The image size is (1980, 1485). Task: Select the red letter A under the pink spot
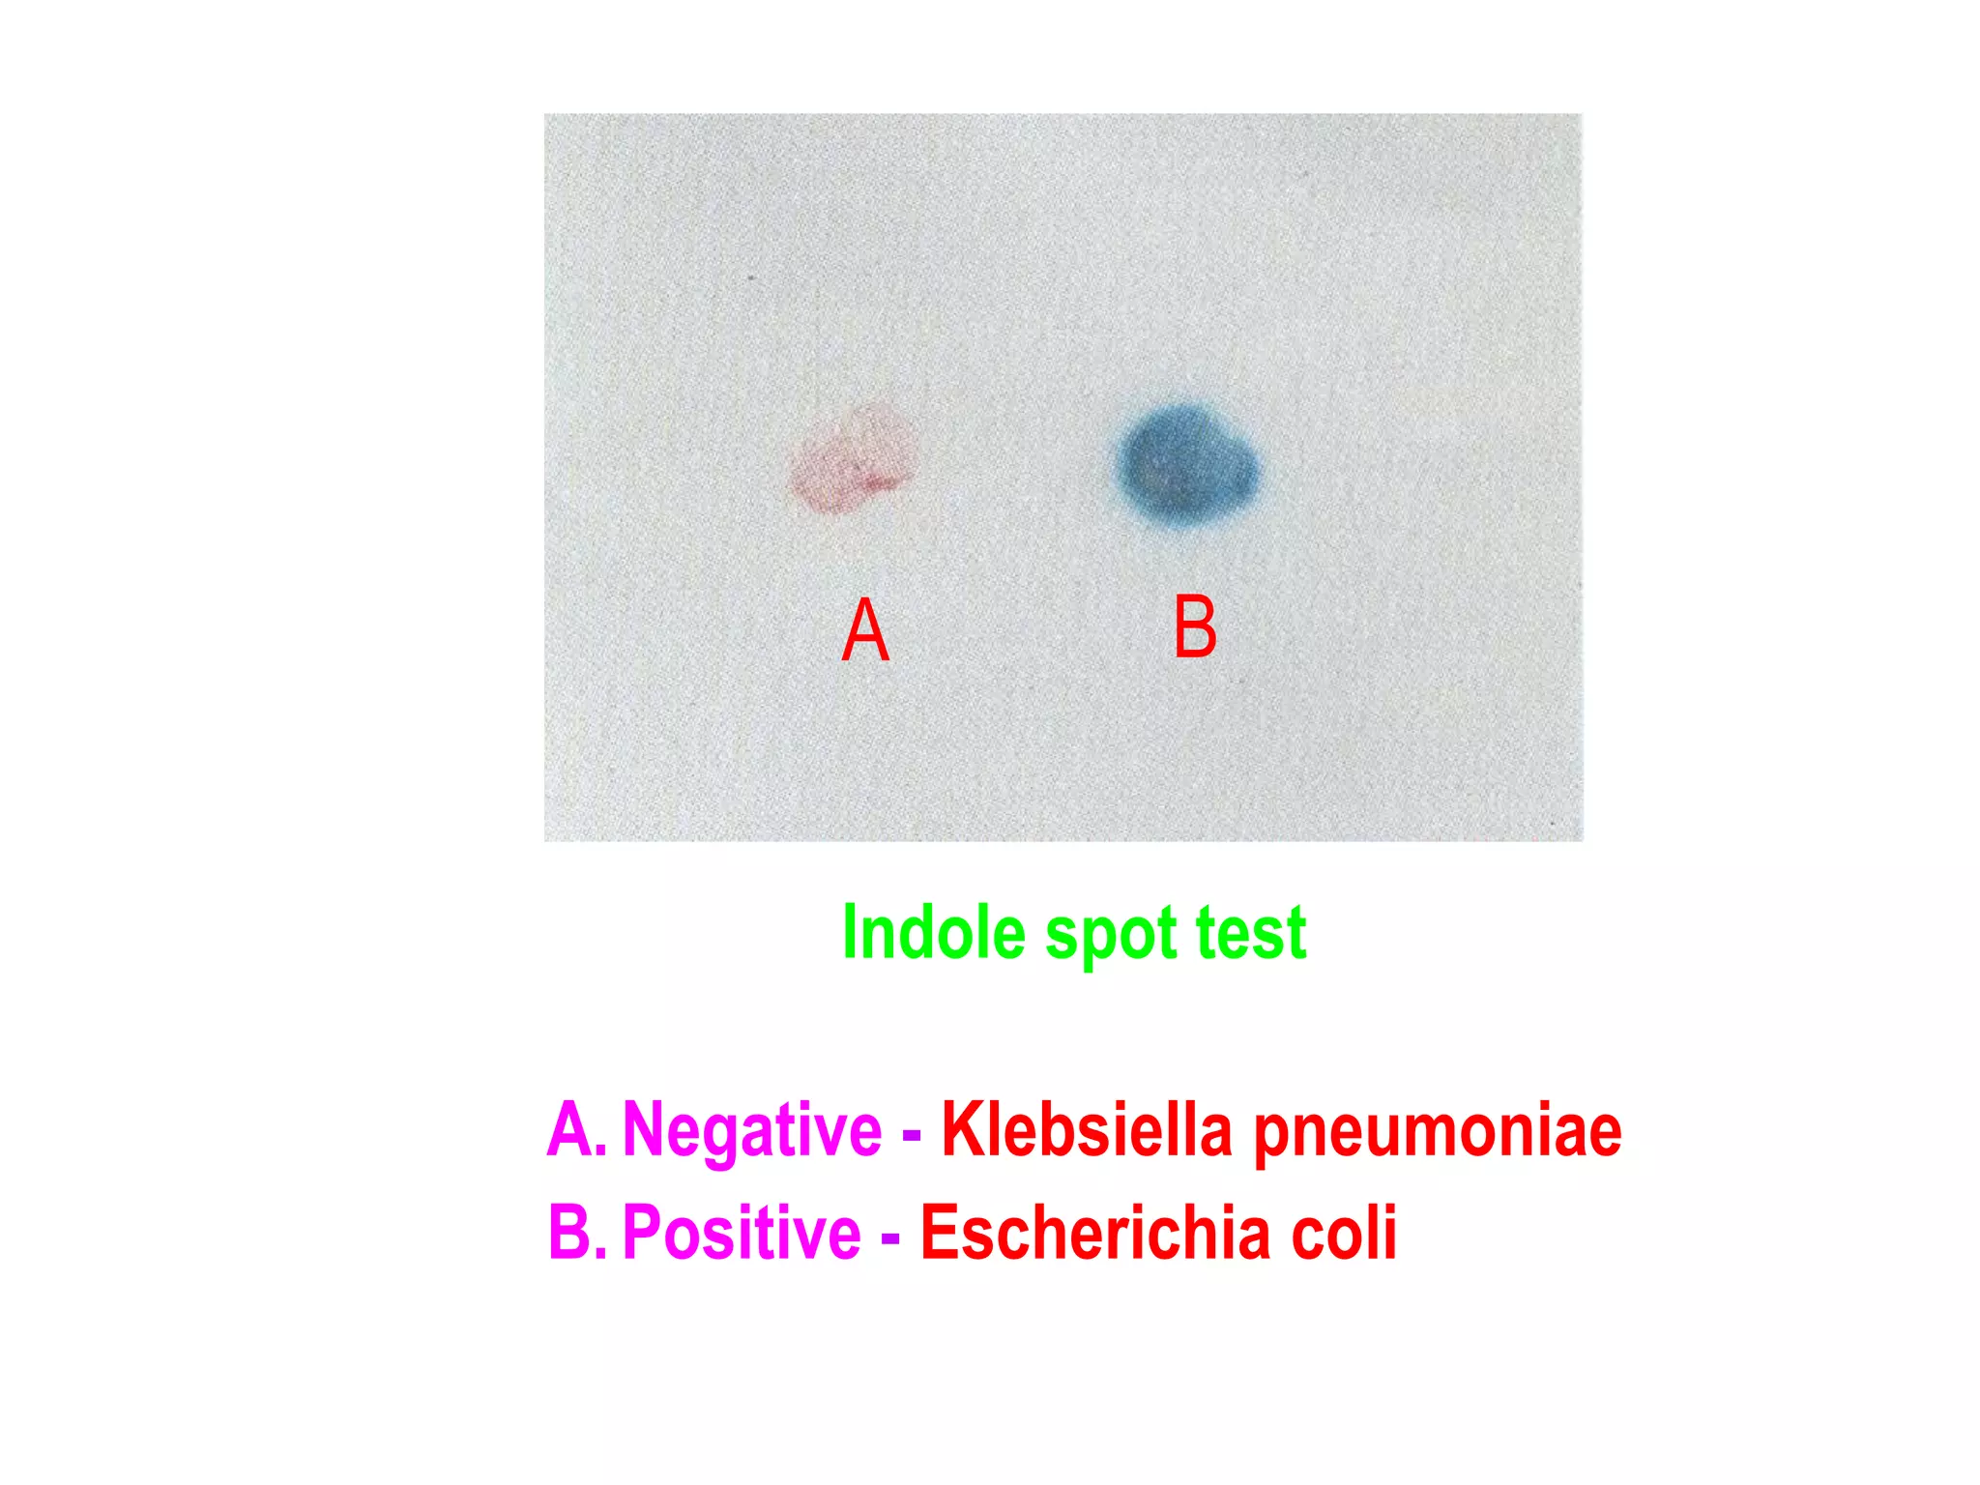pos(864,629)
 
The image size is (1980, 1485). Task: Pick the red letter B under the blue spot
pos(1195,626)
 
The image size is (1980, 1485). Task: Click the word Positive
pos(742,1233)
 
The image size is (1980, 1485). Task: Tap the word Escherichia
pos(1095,1233)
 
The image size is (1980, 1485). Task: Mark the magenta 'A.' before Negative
pos(576,1129)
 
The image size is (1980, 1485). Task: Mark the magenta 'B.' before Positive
pos(577,1233)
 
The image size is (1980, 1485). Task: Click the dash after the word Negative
pos(911,1133)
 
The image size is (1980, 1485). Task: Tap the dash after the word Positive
pos(890,1237)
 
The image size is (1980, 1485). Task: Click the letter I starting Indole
pos(850,932)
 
